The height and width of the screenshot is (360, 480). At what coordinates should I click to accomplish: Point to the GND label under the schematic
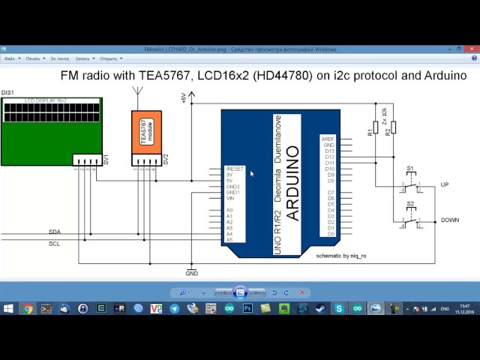tap(192, 274)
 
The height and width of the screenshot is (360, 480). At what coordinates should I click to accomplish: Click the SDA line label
tap(55, 232)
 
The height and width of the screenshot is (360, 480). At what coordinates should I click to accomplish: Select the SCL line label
tap(55, 244)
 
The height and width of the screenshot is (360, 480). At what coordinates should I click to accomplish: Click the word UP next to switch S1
tap(445, 184)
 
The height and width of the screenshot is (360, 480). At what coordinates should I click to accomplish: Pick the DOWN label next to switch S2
tap(450, 220)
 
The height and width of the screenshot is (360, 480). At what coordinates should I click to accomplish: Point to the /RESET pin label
tap(235, 169)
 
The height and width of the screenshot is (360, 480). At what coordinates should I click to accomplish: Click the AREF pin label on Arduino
tap(327, 139)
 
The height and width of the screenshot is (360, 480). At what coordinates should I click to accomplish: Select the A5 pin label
tap(229, 240)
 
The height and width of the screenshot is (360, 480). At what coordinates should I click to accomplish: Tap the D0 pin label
tap(331, 235)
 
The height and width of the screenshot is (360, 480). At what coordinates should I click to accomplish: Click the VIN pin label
tap(232, 199)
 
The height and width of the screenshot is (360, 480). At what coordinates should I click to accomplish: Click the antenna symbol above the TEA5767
tap(137, 94)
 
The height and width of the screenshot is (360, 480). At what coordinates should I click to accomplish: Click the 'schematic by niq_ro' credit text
tap(342, 255)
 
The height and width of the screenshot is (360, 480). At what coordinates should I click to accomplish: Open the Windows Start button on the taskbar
tap(8, 308)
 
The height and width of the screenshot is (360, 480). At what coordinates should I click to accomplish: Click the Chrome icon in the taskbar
tap(28, 308)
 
